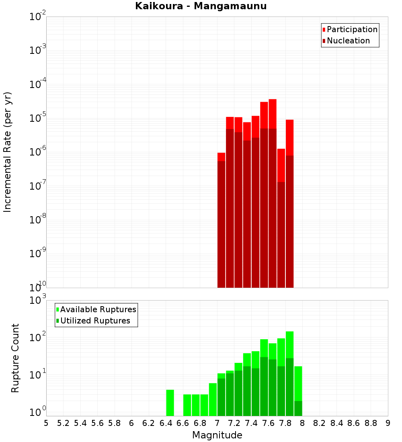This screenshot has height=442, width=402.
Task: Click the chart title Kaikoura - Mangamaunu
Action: click(201, 6)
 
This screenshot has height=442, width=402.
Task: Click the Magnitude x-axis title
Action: click(217, 435)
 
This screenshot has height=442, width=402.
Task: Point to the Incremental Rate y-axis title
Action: click(8, 152)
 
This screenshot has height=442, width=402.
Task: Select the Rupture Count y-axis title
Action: click(15, 358)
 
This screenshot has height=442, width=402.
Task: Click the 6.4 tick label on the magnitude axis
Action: click(166, 423)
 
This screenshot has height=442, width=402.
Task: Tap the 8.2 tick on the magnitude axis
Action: click(320, 423)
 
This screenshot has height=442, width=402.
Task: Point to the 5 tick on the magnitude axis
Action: click(46, 423)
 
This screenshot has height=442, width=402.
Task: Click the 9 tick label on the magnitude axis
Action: click(388, 423)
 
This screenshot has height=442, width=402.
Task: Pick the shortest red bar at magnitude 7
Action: click(221, 157)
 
